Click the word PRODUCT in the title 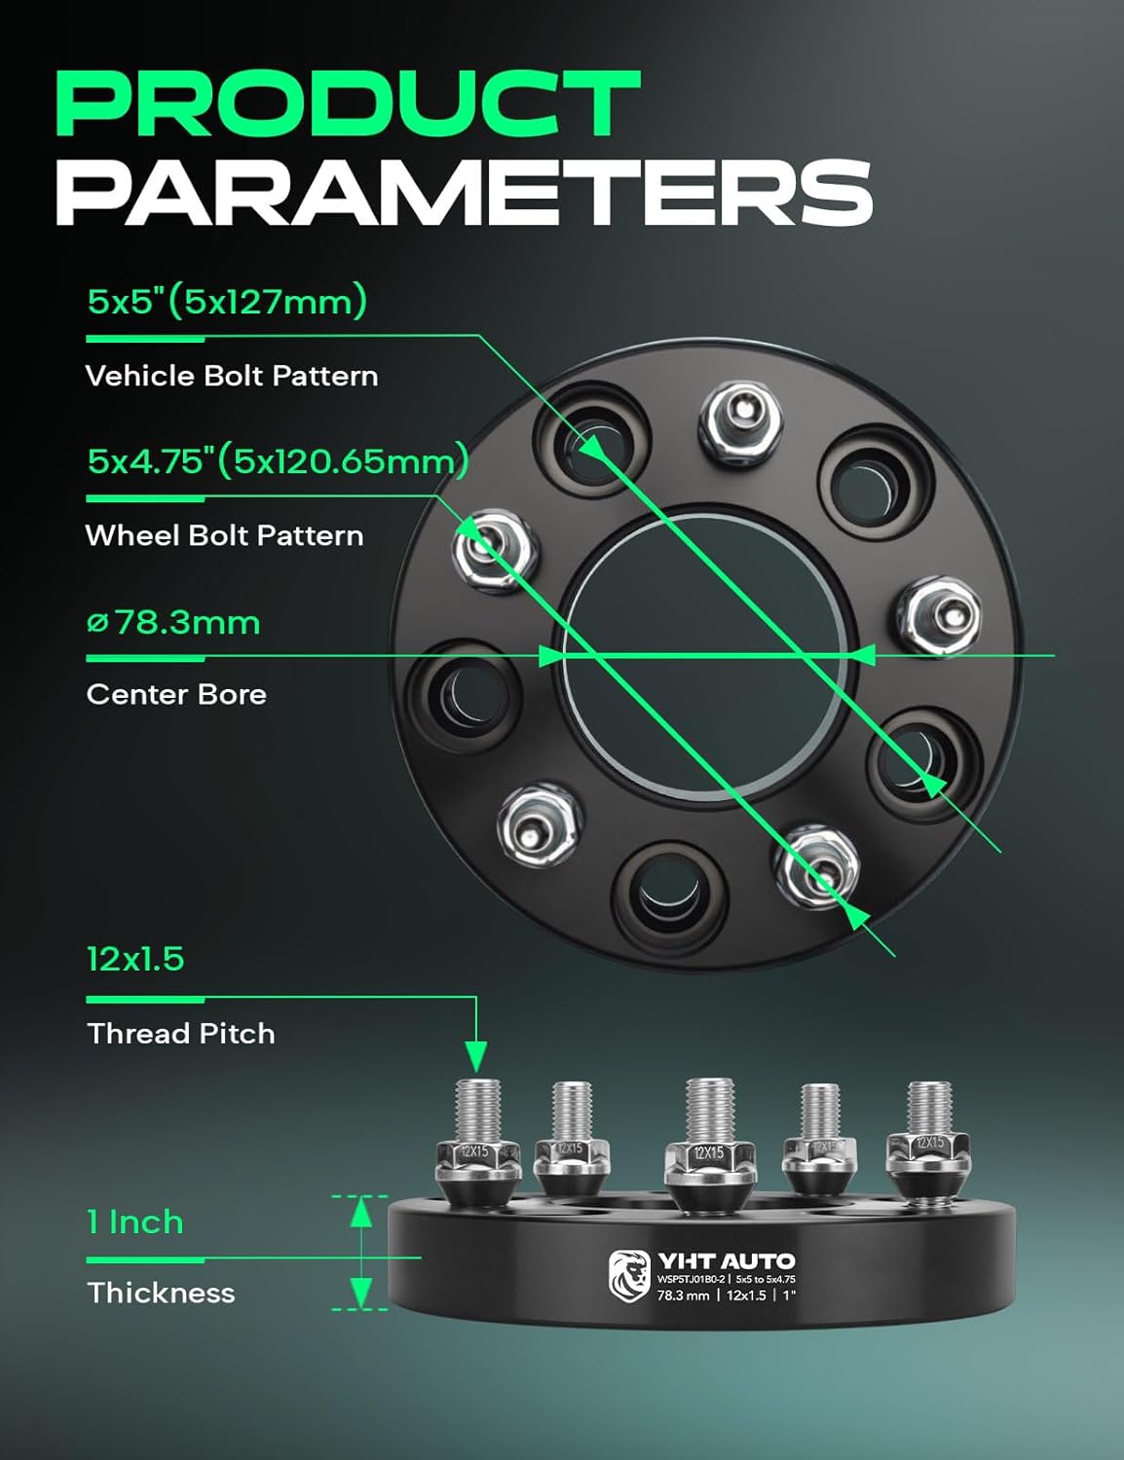pyautogui.click(x=348, y=104)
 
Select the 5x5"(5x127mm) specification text pyautogui.click(x=227, y=302)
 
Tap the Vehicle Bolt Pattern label pyautogui.click(x=232, y=376)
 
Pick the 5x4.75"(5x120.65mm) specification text pyautogui.click(x=278, y=460)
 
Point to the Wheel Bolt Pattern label pyautogui.click(x=224, y=535)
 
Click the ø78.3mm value pyautogui.click(x=173, y=622)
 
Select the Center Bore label pyautogui.click(x=176, y=694)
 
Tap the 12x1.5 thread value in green pyautogui.click(x=135, y=960)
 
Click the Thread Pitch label pyautogui.click(x=180, y=1034)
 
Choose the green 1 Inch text pyautogui.click(x=135, y=1223)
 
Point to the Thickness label pyautogui.click(x=161, y=1293)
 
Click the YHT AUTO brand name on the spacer pyautogui.click(x=726, y=1261)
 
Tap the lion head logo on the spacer pyautogui.click(x=628, y=1275)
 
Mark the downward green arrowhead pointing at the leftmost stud pyautogui.click(x=475, y=1054)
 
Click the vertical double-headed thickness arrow pyautogui.click(x=361, y=1252)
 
